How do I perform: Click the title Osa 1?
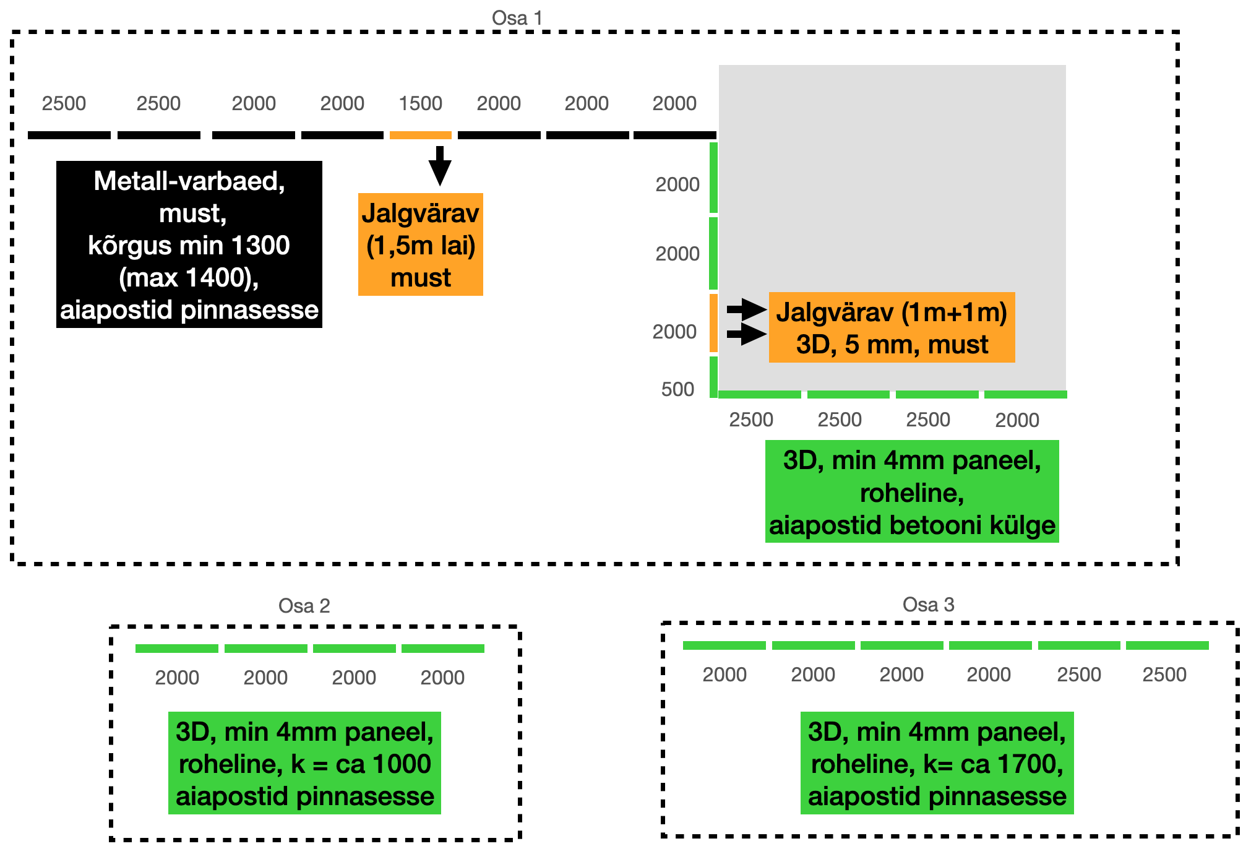pyautogui.click(x=517, y=18)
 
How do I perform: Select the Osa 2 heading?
pyautogui.click(x=304, y=605)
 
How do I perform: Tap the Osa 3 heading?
pyautogui.click(x=928, y=604)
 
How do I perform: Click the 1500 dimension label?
pyautogui.click(x=420, y=103)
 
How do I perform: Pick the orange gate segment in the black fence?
pyautogui.click(x=420, y=135)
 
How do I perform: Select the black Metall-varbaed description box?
pyautogui.click(x=189, y=244)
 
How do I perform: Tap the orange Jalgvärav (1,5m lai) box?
pyautogui.click(x=421, y=244)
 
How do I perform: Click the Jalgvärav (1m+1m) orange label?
pyautogui.click(x=892, y=327)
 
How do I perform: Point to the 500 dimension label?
pyautogui.click(x=677, y=389)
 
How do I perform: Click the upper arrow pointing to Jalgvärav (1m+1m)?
pyautogui.click(x=746, y=308)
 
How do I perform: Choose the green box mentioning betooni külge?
pyautogui.click(x=912, y=492)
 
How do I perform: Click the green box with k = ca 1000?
pyautogui.click(x=304, y=763)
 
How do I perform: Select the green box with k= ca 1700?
pyautogui.click(x=937, y=763)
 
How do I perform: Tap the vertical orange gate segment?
pyautogui.click(x=713, y=323)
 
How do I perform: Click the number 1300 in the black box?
pyautogui.click(x=260, y=246)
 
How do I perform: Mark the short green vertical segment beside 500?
pyautogui.click(x=713, y=376)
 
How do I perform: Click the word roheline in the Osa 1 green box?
pyautogui.click(x=911, y=493)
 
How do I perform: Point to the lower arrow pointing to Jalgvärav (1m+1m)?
pyautogui.click(x=746, y=335)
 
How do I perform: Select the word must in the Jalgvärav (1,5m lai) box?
pyautogui.click(x=421, y=278)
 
